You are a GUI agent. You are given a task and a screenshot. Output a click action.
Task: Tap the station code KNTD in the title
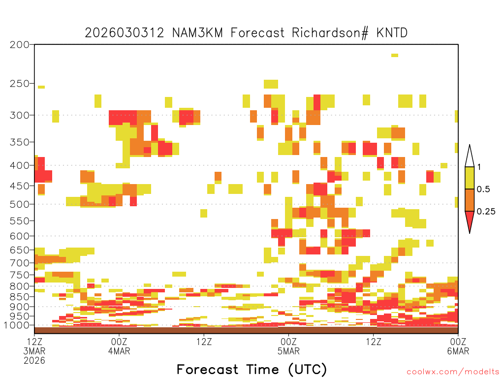392,33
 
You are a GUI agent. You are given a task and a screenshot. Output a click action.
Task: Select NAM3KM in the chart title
197,33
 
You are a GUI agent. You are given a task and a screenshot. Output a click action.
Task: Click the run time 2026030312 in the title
125,33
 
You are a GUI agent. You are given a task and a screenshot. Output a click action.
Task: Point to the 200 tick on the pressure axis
20,45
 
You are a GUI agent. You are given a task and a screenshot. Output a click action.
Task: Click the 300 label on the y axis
20,115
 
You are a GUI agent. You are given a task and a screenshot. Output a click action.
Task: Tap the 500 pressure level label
20,204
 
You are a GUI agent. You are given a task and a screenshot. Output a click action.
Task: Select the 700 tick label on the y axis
20,263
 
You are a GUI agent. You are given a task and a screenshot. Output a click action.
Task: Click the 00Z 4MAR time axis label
119,346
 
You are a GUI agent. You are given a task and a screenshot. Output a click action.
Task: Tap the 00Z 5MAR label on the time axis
288,346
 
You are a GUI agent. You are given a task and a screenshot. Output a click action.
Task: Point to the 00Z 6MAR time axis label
458,346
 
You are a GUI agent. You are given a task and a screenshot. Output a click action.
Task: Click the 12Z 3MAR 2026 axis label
34,351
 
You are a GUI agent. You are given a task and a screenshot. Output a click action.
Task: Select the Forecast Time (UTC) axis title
252,370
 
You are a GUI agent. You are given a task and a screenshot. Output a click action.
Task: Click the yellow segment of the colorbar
470,178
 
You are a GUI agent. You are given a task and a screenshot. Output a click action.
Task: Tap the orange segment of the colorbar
470,200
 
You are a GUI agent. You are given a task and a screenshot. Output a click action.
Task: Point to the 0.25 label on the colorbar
486,212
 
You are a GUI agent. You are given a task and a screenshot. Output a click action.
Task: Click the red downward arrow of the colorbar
470,220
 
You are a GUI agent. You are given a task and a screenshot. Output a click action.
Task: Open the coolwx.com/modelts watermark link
454,372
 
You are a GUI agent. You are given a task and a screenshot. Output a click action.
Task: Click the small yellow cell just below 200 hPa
395,55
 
